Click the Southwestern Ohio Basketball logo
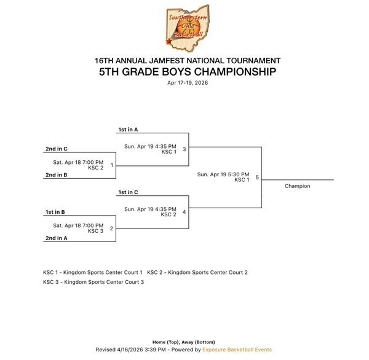(x=187, y=28)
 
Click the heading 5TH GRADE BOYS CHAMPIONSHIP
(x=187, y=72)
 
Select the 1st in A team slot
(x=128, y=130)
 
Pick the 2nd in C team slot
(x=56, y=149)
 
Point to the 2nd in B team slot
(x=56, y=175)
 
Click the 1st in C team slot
(x=128, y=193)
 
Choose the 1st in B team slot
(x=55, y=212)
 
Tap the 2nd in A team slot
(x=56, y=238)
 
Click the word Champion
(x=297, y=186)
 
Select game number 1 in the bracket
(x=111, y=165)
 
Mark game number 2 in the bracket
(x=111, y=228)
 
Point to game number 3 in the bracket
(x=184, y=149)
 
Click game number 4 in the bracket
(x=184, y=212)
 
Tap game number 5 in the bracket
(x=257, y=178)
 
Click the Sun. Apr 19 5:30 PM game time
(x=223, y=174)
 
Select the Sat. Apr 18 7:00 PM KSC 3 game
(x=78, y=227)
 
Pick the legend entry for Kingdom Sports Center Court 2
(x=197, y=272)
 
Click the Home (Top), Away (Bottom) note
(x=183, y=342)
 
